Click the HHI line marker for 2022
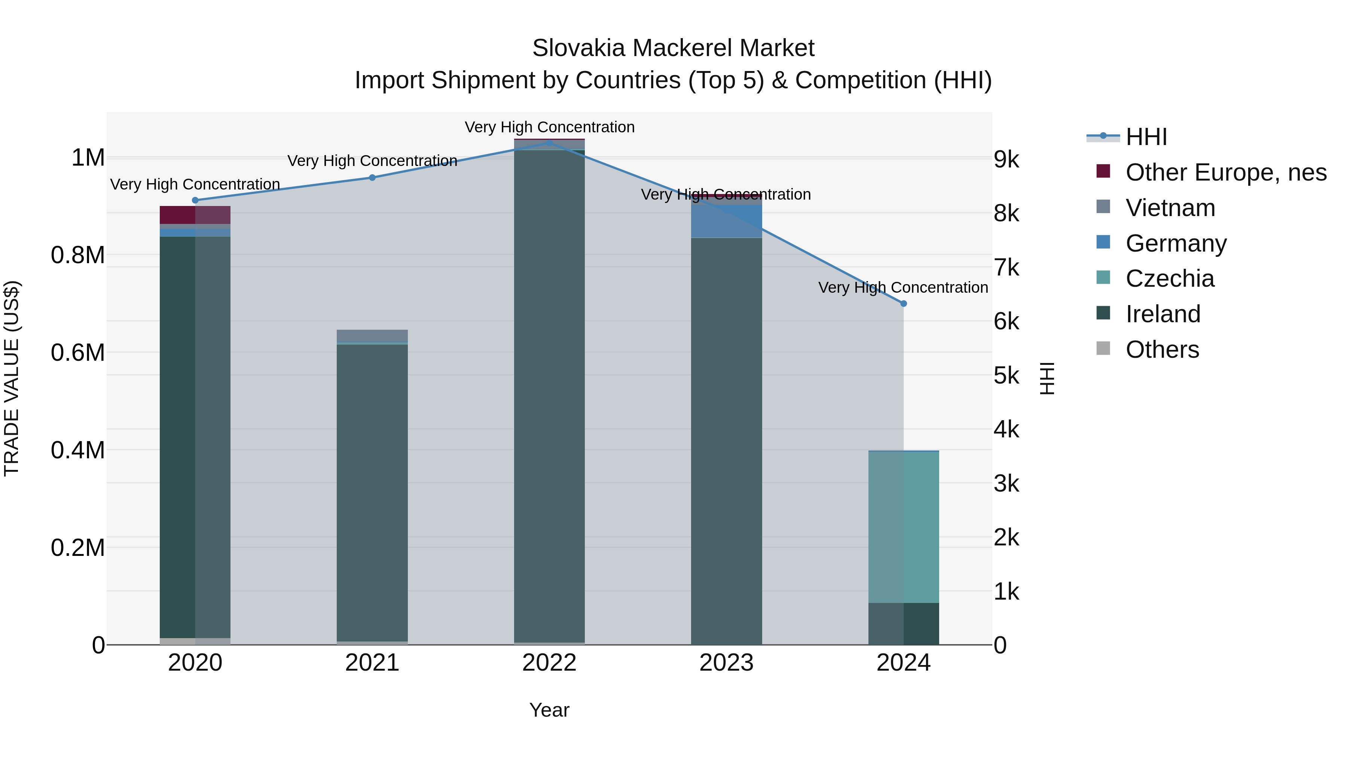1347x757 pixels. pyautogui.click(x=549, y=143)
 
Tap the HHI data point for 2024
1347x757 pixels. pyautogui.click(x=903, y=304)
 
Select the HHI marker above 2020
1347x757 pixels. pyautogui.click(x=195, y=200)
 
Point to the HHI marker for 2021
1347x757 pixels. pyautogui.click(x=372, y=178)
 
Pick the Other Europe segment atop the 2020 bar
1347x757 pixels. pyautogui.click(x=195, y=215)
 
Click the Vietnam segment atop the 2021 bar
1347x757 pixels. pyautogui.click(x=372, y=335)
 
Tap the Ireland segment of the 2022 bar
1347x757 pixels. pyautogui.click(x=549, y=397)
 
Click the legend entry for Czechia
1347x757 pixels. pyautogui.click(x=1170, y=279)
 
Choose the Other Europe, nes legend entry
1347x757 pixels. pyautogui.click(x=1226, y=172)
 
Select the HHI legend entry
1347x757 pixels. pyautogui.click(x=1146, y=137)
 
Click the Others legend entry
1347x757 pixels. pyautogui.click(x=1162, y=350)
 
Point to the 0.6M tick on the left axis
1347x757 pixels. pyautogui.click(x=78, y=353)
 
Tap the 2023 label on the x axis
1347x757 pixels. pyautogui.click(x=726, y=663)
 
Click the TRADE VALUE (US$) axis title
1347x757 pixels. pyautogui.click(x=12, y=378)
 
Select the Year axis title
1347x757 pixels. pyautogui.click(x=549, y=710)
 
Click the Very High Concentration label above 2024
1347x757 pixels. pyautogui.click(x=903, y=287)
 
